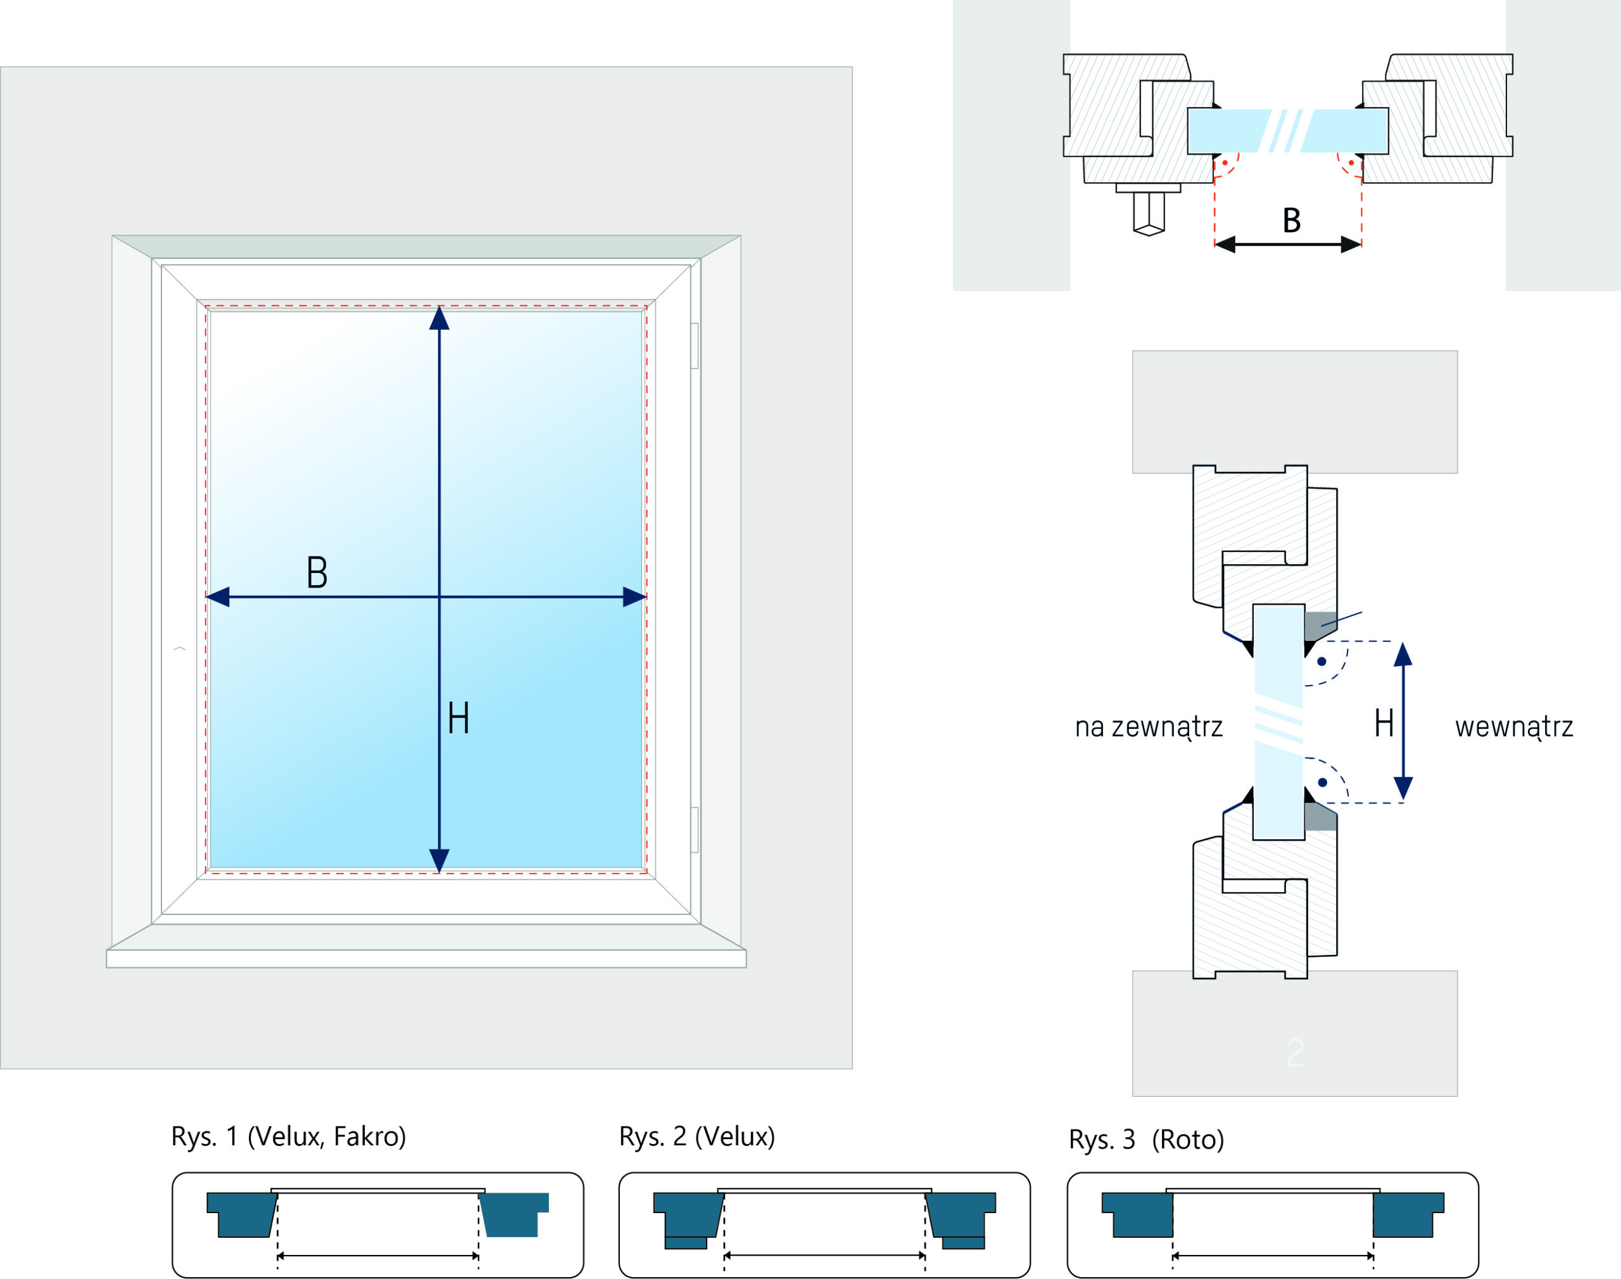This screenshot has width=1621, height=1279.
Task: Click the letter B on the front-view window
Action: pos(317,572)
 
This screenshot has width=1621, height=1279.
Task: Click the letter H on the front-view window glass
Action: pos(458,718)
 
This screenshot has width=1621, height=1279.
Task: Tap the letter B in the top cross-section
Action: pos(1292,220)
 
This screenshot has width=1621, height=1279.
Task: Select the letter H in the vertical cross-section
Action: pos(1384,724)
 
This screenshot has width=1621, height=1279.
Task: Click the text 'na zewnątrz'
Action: pos(1149,727)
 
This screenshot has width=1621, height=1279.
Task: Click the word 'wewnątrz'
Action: pos(1514,727)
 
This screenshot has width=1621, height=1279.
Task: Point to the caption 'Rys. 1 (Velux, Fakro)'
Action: pos(288,1136)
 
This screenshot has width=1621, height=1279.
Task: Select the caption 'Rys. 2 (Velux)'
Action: pos(697,1136)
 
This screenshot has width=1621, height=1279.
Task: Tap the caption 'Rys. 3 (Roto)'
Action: pos(1146,1139)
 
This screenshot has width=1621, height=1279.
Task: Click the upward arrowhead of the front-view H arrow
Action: pos(439,318)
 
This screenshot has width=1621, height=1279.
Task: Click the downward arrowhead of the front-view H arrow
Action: pos(439,860)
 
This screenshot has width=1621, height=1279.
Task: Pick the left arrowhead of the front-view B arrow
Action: pos(218,597)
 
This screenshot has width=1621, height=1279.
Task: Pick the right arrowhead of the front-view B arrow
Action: pos(634,597)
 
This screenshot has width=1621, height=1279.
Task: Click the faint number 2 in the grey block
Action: pos(1296,1053)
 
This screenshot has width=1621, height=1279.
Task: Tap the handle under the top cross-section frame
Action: pos(1149,212)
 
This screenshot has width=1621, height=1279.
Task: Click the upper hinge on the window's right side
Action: pos(695,346)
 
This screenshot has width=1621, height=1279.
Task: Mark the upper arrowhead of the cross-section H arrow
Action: pos(1403,655)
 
